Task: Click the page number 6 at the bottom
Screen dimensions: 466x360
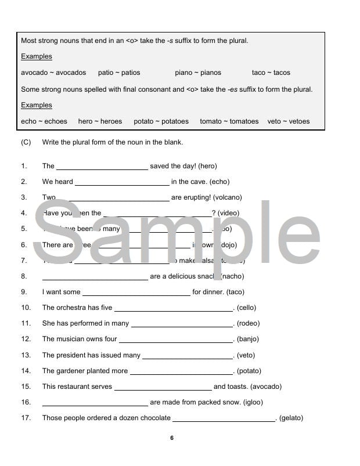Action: pos(172,438)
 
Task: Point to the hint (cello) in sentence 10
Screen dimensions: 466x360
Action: pos(246,308)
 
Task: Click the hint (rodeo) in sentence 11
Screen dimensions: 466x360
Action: pos(248,323)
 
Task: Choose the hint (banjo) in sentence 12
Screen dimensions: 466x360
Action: pos(248,339)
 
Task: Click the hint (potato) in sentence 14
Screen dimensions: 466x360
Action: pos(249,371)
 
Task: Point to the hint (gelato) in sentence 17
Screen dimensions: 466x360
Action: pos(291,418)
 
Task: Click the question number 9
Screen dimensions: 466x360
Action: pos(24,292)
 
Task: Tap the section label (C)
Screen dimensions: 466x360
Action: pos(26,142)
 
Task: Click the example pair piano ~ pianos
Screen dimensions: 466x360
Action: pos(197,73)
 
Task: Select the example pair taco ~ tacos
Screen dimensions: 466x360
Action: pos(271,73)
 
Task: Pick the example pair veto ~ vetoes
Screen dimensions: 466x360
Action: pos(289,121)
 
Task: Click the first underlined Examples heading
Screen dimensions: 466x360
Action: pos(37,56)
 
